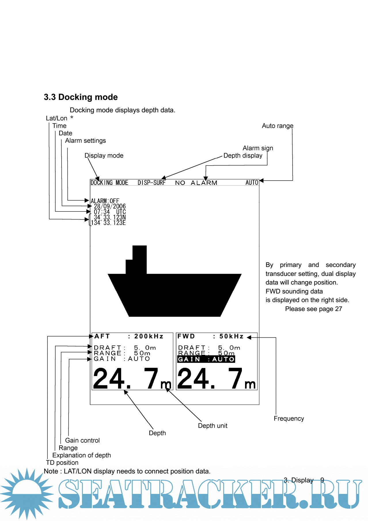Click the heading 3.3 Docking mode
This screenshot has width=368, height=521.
pyautogui.click(x=81, y=97)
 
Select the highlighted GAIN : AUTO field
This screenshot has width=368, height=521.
pyautogui.click(x=206, y=359)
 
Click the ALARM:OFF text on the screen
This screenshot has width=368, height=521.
pyautogui.click(x=105, y=201)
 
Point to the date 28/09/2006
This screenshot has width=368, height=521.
pyautogui.click(x=110, y=206)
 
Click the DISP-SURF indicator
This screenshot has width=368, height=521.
pyautogui.click(x=151, y=183)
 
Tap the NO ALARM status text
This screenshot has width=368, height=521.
pyautogui.click(x=196, y=183)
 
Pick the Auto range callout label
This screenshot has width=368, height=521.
pyautogui.click(x=277, y=126)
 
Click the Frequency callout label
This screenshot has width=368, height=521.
pyautogui.click(x=289, y=418)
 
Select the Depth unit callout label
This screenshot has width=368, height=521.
pyautogui.click(x=213, y=426)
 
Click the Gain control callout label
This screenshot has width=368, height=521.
pyautogui.click(x=82, y=440)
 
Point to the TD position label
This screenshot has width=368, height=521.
pyautogui.click(x=62, y=463)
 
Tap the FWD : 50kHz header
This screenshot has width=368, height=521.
pyautogui.click(x=210, y=336)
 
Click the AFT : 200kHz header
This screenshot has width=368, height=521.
pyautogui.click(x=129, y=336)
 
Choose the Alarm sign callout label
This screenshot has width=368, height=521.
pyautogui.click(x=258, y=148)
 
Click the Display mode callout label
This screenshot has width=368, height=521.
pyautogui.click(x=104, y=156)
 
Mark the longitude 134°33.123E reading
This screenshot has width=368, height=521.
pyautogui.click(x=108, y=223)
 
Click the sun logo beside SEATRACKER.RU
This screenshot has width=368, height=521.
pyautogui.click(x=27, y=493)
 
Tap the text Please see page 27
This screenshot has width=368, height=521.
pyautogui.click(x=313, y=309)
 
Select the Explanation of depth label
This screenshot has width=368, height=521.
pyautogui.click(x=81, y=455)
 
